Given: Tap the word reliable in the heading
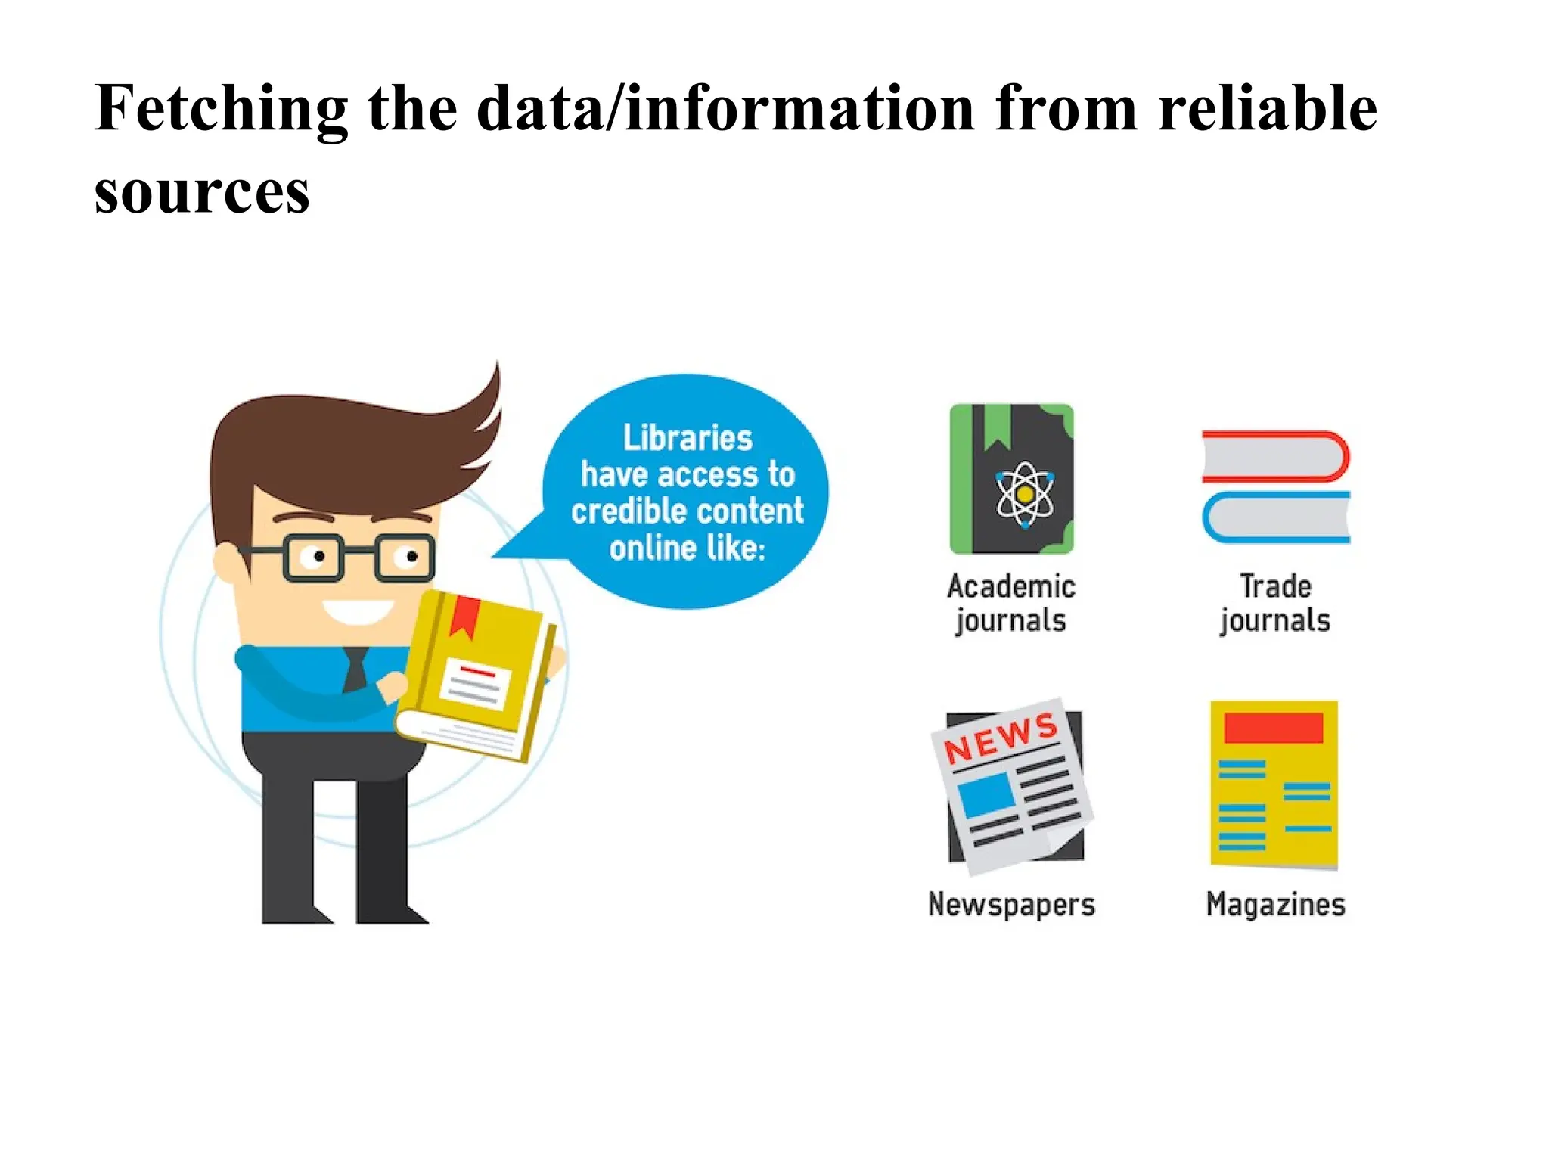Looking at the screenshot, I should point(1268,110).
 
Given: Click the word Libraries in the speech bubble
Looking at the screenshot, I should point(688,438).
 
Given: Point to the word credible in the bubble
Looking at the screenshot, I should point(624,511).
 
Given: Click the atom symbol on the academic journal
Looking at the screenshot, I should point(1024,494).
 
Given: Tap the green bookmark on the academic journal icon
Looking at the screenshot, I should point(998,428).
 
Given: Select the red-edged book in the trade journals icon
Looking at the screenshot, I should point(1275,457).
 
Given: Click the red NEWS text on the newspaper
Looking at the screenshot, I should point(1000,738).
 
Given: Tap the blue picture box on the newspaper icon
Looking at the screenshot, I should point(986,794).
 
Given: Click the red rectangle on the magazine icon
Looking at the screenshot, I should point(1274,728).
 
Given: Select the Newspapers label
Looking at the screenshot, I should point(1011,905).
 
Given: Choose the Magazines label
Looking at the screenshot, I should point(1275,905).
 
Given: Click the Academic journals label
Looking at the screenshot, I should point(1011,604).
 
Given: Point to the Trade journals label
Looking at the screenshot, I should point(1275,604).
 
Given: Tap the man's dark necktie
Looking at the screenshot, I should point(355,670).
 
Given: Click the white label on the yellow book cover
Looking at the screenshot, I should point(474,681).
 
